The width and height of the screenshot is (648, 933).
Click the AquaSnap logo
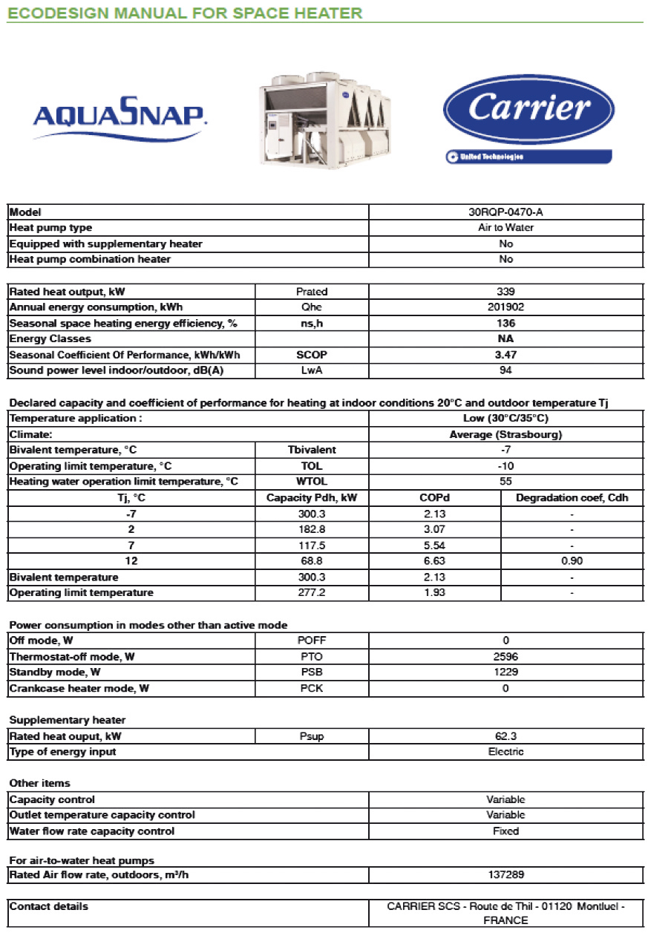coord(120,114)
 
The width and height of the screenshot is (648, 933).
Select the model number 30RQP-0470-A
coord(506,212)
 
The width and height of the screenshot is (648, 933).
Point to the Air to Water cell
coord(506,228)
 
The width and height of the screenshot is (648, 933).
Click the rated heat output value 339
coord(506,292)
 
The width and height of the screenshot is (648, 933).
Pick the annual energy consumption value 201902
coord(506,307)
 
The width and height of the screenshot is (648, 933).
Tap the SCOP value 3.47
coord(506,355)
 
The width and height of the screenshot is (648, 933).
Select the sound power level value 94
coord(506,370)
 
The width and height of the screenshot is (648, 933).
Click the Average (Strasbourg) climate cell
coord(506,434)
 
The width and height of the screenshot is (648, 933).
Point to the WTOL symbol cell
coord(312,482)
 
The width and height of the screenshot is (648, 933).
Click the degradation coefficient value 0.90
coord(572,561)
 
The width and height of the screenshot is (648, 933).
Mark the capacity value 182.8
coord(312,529)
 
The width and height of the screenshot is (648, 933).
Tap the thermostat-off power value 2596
coord(506,656)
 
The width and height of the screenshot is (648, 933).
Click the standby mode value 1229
coord(506,672)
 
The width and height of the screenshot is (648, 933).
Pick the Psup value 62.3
coord(506,736)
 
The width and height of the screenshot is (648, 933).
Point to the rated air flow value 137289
coord(506,875)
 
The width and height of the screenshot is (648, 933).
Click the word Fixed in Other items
coord(506,831)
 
